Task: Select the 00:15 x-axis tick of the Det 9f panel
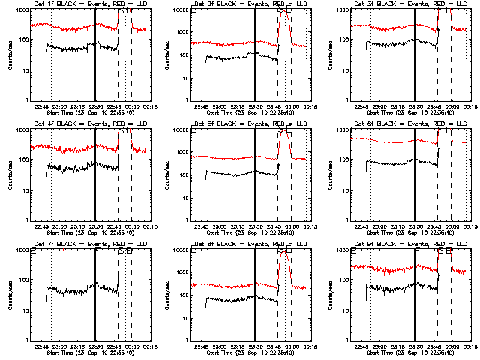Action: point(467,346)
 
